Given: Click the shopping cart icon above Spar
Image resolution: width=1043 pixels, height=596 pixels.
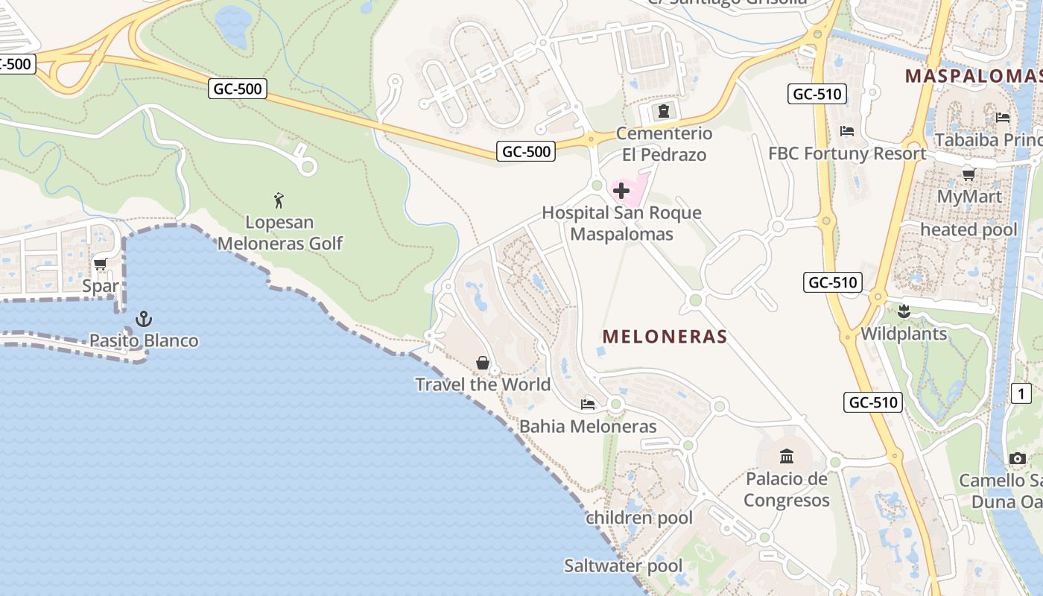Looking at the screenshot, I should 101,264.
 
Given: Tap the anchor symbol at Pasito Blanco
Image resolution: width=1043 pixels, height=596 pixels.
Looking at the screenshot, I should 144,320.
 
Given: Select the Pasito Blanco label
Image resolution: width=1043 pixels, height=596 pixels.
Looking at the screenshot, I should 144,341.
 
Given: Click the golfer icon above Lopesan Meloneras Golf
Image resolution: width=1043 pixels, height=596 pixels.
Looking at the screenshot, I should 279,200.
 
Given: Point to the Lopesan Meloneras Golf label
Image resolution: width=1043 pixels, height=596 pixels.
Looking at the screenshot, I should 280,233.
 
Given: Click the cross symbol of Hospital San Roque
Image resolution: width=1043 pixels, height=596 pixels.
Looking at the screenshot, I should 621,191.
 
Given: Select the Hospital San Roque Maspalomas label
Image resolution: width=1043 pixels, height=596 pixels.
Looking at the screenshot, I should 621,223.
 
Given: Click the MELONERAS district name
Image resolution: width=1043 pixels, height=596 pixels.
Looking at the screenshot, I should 665,337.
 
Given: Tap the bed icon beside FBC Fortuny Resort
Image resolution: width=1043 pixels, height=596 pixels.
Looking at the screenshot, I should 847,131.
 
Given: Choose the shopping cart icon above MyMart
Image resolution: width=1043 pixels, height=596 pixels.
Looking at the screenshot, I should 968,175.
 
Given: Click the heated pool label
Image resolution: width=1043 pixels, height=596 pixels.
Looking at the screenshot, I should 968,229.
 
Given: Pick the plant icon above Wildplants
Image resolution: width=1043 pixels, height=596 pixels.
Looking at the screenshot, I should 904,311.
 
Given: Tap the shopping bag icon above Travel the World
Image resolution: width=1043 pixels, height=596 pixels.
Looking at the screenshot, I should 483,364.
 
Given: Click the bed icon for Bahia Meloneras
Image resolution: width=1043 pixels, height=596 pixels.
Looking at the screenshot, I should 588,405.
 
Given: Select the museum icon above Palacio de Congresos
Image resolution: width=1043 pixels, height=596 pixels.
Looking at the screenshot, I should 787,456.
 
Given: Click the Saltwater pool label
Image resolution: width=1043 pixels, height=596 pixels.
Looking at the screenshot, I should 623,566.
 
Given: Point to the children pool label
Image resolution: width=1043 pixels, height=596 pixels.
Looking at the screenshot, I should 639,518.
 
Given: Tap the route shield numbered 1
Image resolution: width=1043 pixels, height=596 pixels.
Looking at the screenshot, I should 1021,393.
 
